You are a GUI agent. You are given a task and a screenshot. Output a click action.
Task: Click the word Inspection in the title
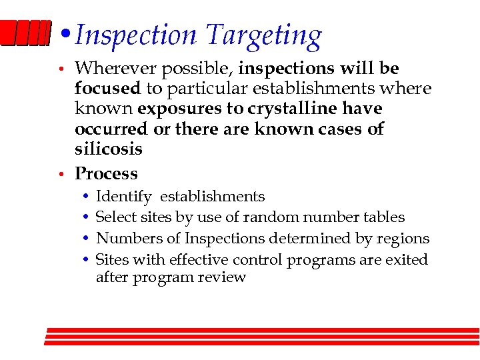point(136,35)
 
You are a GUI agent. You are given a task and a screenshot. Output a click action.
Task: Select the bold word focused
point(107,89)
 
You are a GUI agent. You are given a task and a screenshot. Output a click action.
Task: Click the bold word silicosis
point(108,149)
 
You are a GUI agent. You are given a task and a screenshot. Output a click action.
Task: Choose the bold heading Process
point(106,174)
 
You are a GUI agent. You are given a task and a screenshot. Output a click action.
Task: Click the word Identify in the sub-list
point(123,197)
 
